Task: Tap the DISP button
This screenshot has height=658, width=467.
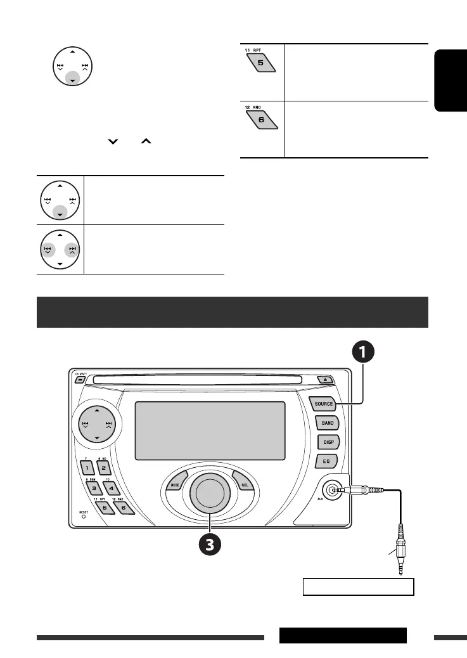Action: point(328,442)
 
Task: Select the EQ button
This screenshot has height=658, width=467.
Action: point(328,461)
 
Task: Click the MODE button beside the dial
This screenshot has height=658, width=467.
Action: point(175,486)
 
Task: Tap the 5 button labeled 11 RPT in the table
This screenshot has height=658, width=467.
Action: point(261,63)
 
